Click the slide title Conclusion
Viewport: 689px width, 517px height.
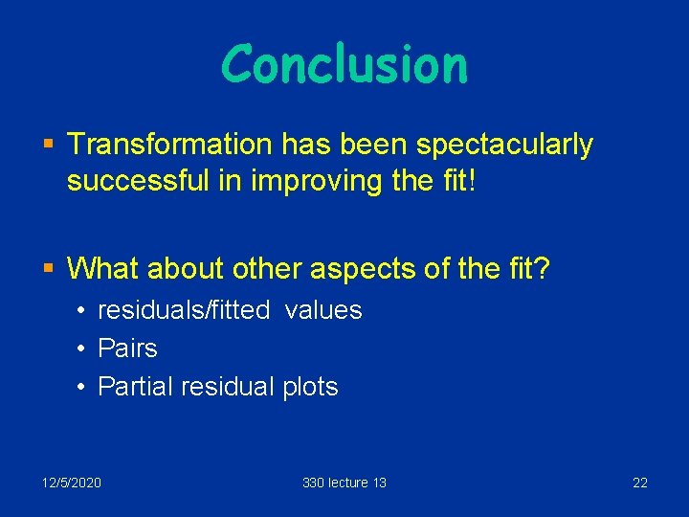(x=344, y=65)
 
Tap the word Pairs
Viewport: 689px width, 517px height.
(x=127, y=348)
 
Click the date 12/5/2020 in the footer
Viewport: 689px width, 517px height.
(x=71, y=483)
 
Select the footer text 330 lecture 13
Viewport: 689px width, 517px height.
(x=344, y=483)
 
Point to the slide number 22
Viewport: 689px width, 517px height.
(x=639, y=483)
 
